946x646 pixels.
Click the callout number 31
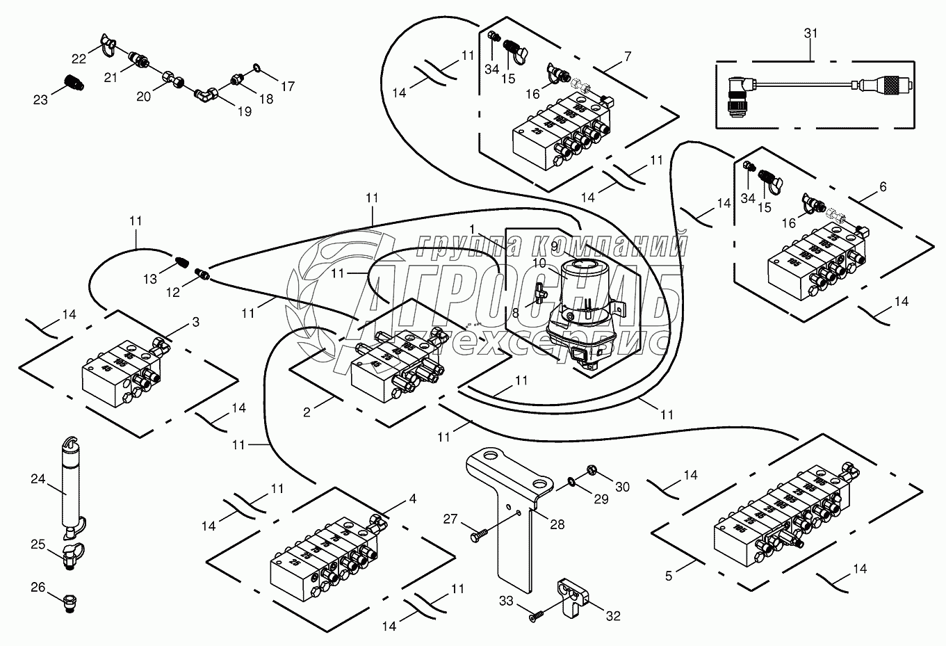[x=811, y=33]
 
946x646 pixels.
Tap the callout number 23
[x=40, y=99]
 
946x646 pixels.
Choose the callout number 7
[x=628, y=56]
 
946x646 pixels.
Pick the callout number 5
[x=669, y=576]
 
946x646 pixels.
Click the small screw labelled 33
[x=537, y=615]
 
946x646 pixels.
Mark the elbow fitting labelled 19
[x=206, y=93]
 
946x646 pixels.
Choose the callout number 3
[x=196, y=323]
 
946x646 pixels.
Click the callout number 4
[x=413, y=499]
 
